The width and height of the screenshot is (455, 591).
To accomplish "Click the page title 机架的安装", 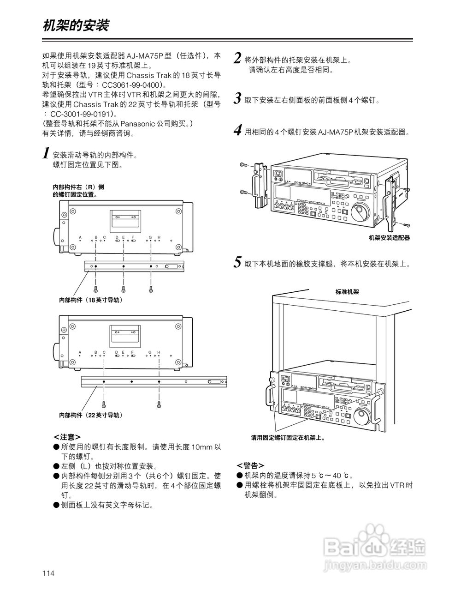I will click(76, 25).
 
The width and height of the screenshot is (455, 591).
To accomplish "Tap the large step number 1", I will click(46, 153).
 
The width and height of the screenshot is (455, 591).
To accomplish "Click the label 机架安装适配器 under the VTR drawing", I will click(389, 238).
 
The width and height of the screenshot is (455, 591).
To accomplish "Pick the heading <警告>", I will click(250, 464).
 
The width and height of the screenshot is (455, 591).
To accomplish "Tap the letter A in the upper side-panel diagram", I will click(80, 237).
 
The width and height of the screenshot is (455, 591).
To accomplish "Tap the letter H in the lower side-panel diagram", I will click(159, 352).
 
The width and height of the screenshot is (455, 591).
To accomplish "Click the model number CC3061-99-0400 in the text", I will click(130, 85).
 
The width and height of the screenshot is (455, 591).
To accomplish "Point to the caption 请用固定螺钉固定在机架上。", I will click(288, 438).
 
